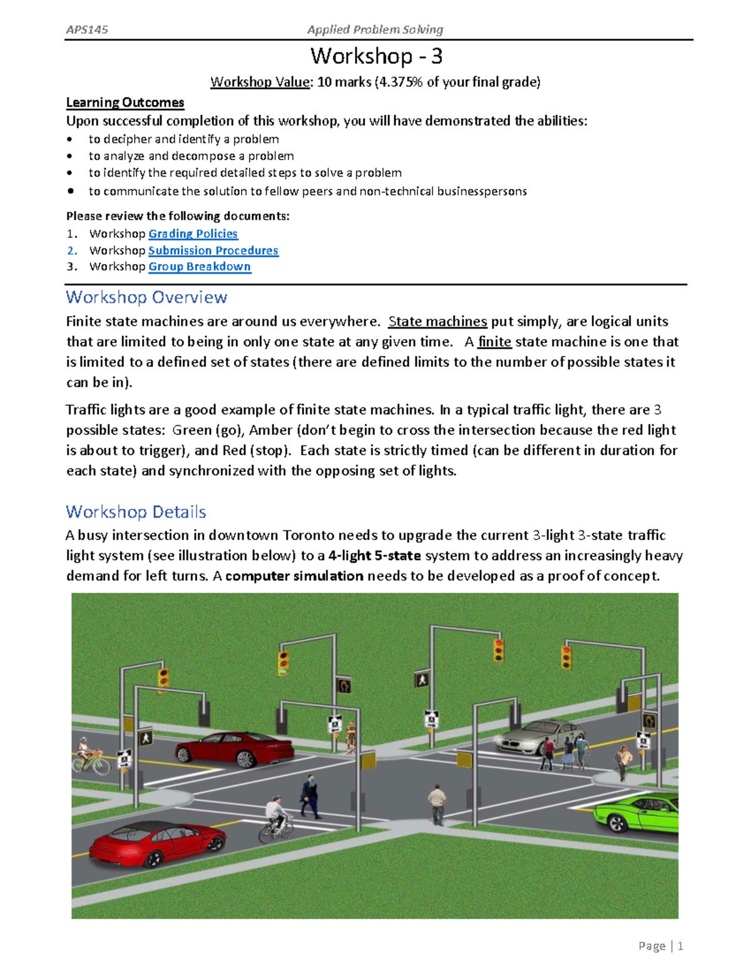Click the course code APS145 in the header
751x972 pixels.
tap(87, 29)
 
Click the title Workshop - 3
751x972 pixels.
tap(376, 56)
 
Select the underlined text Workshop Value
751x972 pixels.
tap(260, 82)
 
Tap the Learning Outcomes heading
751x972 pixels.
tap(125, 103)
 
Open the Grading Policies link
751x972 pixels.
tap(193, 233)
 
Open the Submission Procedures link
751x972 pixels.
tap(213, 250)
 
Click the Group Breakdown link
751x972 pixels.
tap(199, 267)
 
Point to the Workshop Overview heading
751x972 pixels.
tap(146, 297)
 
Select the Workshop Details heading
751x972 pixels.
tap(136, 512)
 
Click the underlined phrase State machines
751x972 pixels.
tap(437, 322)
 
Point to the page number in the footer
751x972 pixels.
tap(680, 946)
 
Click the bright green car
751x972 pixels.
tap(635, 814)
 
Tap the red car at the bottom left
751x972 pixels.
tap(156, 843)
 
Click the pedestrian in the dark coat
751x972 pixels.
tap(309, 796)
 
